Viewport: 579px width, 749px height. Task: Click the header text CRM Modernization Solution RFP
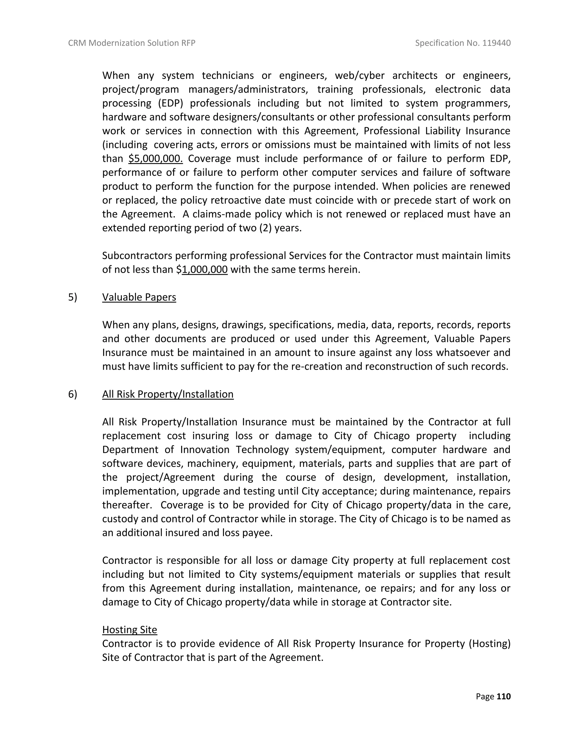[x=132, y=43]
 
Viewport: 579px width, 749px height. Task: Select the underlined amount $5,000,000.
[x=155, y=159]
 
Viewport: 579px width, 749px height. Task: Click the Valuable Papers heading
[x=139, y=297]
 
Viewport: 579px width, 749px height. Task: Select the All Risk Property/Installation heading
[x=168, y=394]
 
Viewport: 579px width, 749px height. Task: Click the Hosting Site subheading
[x=130, y=630]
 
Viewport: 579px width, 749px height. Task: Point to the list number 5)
[x=73, y=297]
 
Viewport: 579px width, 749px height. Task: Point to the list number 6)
[x=73, y=394]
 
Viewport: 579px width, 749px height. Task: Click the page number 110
[x=504, y=696]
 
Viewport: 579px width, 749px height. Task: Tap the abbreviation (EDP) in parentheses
[x=170, y=103]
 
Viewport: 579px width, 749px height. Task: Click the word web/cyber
[x=360, y=75]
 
